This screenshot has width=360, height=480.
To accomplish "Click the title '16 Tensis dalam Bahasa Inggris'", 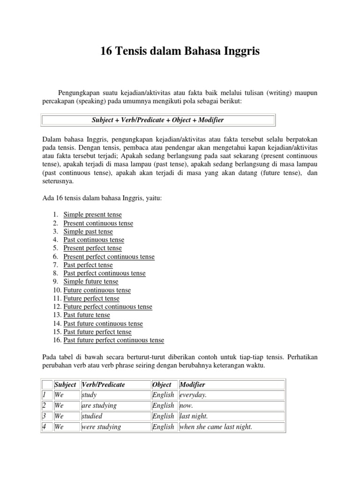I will click(x=180, y=52).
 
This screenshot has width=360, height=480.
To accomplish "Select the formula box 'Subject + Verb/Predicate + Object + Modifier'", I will click(x=158, y=120).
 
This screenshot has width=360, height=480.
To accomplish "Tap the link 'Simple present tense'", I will click(x=92, y=214).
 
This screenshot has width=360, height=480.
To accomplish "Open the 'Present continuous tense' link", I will click(x=98, y=223).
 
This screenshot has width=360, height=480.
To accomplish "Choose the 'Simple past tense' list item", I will click(x=88, y=231).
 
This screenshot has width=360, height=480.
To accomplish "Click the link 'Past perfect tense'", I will click(x=88, y=265).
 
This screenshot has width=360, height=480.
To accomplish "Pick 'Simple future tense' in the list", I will click(x=91, y=281).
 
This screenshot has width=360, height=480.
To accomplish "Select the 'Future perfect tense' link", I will click(x=91, y=298).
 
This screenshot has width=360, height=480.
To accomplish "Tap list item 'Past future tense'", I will click(x=87, y=315).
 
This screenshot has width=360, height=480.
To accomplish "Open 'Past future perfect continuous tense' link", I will click(x=114, y=340).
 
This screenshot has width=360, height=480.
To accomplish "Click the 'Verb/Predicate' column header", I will click(x=103, y=384).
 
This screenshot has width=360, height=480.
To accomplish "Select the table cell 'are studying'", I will click(x=99, y=405).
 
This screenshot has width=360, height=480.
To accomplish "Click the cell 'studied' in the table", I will click(x=92, y=416).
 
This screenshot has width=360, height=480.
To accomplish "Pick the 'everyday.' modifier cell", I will click(x=193, y=395).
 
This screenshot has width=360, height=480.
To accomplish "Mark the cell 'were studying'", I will click(x=101, y=427).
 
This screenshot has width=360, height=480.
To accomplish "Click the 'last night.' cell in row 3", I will click(x=194, y=416).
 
